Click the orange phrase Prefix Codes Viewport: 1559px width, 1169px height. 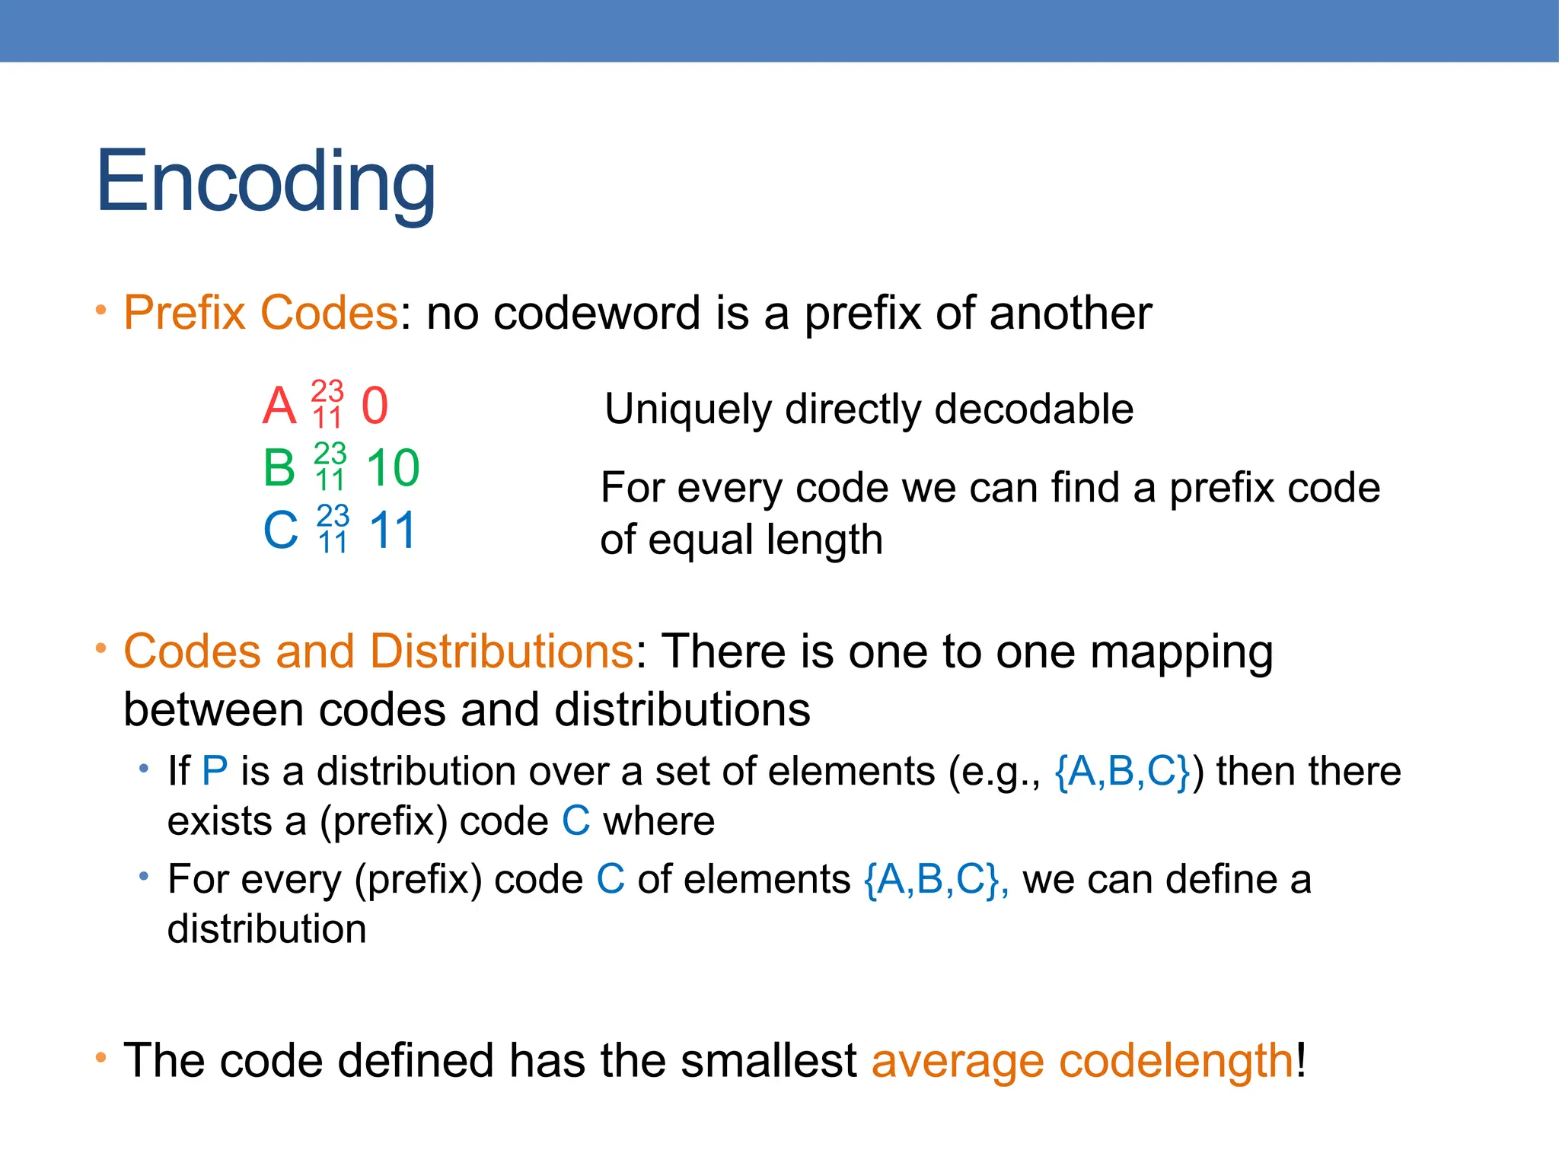[x=260, y=313]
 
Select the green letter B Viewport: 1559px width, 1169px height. [x=279, y=467]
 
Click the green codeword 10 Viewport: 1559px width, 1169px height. [x=393, y=467]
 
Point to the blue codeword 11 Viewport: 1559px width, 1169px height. [x=393, y=530]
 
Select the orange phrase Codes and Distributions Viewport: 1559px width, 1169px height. [x=378, y=651]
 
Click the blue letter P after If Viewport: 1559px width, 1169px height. [x=215, y=771]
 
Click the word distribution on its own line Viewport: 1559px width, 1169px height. [x=266, y=929]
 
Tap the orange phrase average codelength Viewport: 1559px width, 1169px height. [x=1082, y=1060]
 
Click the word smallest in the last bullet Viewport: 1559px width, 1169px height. [x=768, y=1060]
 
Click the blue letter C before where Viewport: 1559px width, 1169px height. [x=576, y=821]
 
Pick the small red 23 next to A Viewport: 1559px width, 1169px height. [x=327, y=391]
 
